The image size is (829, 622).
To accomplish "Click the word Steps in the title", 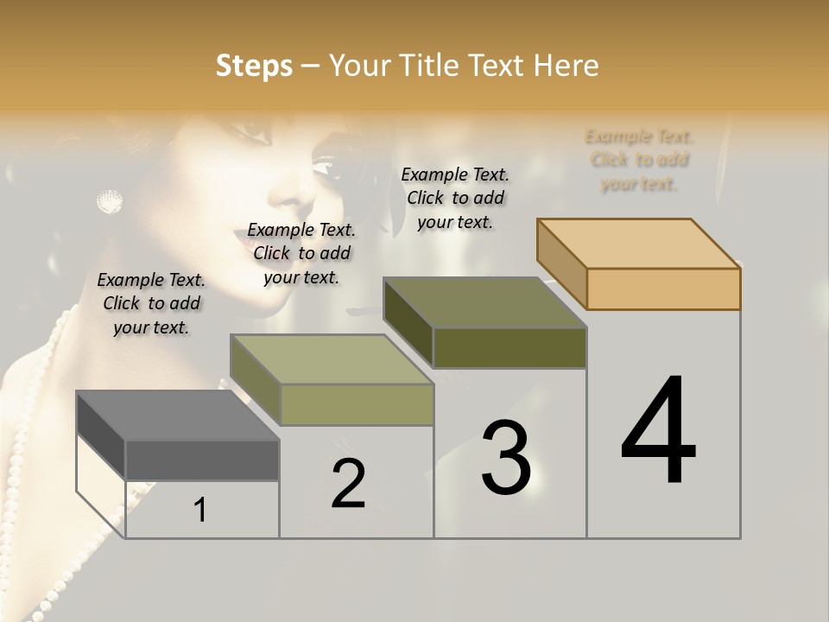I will pyautogui.click(x=253, y=66).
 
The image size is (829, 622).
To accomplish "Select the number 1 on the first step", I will pyautogui.click(x=200, y=511).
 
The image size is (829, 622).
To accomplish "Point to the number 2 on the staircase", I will pyautogui.click(x=348, y=484).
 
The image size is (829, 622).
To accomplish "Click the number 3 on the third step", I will pyautogui.click(x=506, y=458).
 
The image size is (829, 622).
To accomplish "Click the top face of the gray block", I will pyautogui.click(x=177, y=416).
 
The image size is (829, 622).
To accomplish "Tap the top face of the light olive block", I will pyautogui.click(x=331, y=359).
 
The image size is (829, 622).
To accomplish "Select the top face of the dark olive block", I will pyautogui.click(x=484, y=302).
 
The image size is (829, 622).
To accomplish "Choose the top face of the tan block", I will pyautogui.click(x=638, y=243).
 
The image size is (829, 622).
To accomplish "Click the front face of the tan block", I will pyautogui.click(x=663, y=289).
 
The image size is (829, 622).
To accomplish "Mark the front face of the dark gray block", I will pyautogui.click(x=202, y=460).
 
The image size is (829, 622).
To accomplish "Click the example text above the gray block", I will pyautogui.click(x=151, y=303).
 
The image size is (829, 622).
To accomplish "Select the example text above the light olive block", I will pyautogui.click(x=301, y=253).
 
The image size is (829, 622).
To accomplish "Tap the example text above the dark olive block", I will pyautogui.click(x=455, y=198).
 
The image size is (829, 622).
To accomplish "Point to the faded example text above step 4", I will pyautogui.click(x=639, y=160).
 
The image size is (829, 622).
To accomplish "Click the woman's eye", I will pyautogui.click(x=326, y=167).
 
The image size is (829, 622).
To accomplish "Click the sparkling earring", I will pyautogui.click(x=109, y=202).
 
